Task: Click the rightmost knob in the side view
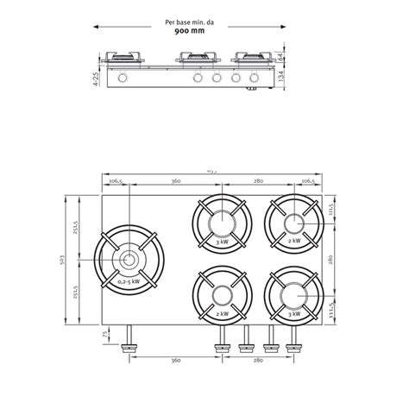pos(255,80)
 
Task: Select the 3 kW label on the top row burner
pos(223,241)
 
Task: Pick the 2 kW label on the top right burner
pos(294,241)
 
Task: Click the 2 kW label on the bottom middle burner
pos(223,314)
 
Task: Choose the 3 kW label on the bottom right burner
pos(294,314)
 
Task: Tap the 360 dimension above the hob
pos(175,182)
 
